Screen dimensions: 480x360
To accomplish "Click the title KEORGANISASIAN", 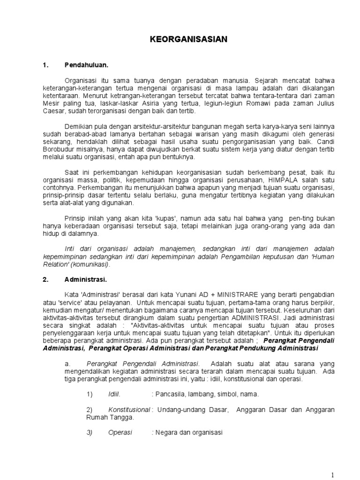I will pos(188,40).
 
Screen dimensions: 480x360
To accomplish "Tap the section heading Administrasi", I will pos(85,280).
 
